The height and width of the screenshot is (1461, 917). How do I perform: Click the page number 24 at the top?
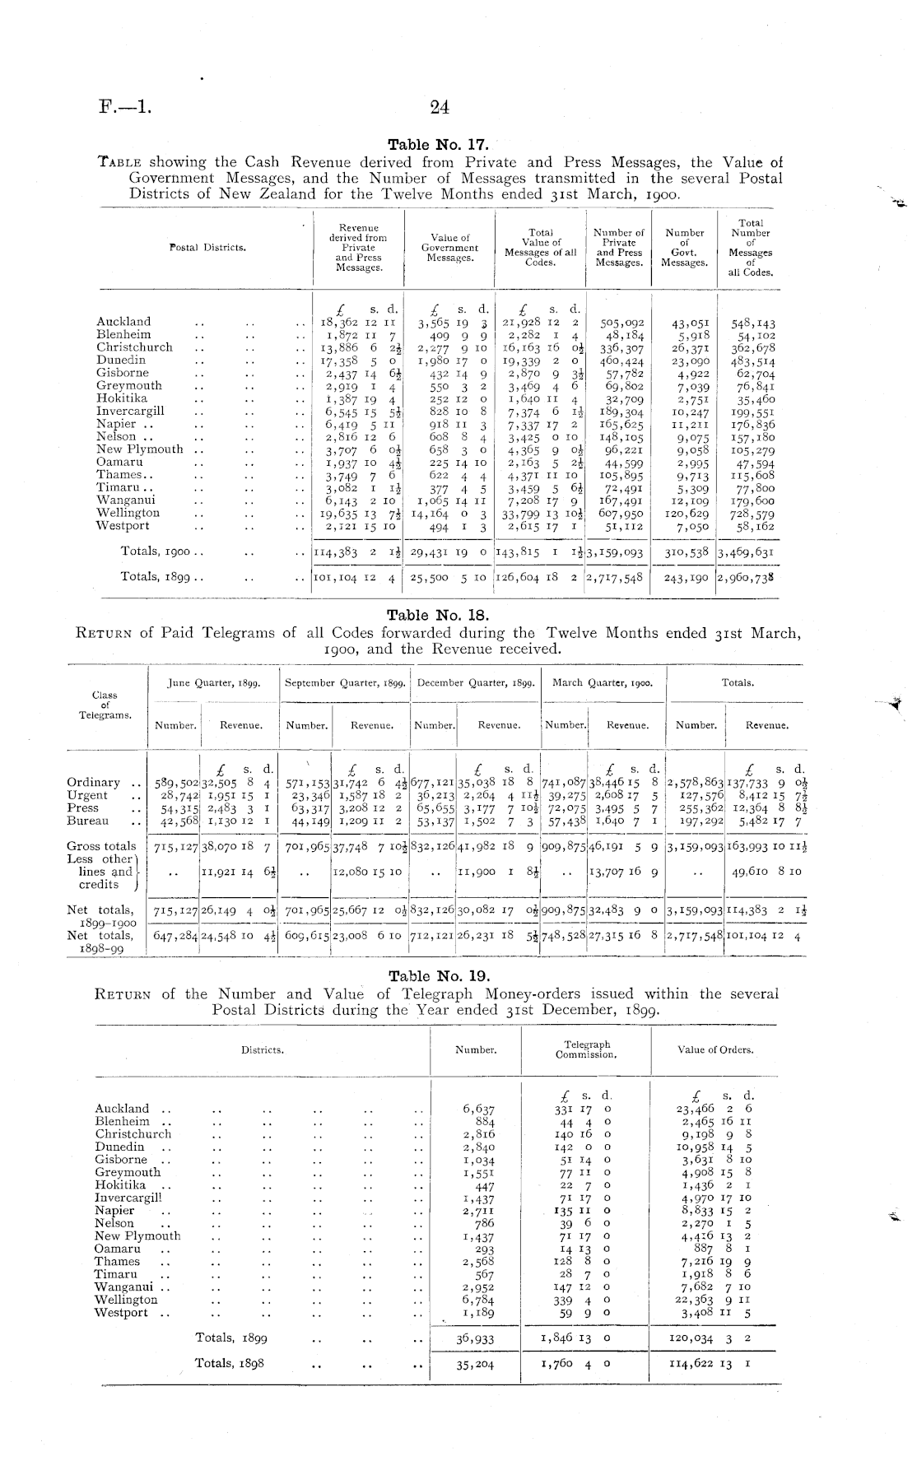point(439,106)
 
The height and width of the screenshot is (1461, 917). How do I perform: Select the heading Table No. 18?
point(438,615)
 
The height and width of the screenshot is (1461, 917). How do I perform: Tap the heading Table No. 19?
point(438,977)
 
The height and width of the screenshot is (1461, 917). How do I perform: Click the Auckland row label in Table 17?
point(123,322)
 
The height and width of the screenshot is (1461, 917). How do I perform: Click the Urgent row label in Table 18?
point(87,795)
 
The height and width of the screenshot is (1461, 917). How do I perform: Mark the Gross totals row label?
point(101,846)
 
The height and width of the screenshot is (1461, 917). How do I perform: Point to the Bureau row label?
point(87,821)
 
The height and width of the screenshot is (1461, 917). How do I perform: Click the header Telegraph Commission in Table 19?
point(586,1049)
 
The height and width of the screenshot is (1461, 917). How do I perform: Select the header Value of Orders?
point(715,1049)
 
